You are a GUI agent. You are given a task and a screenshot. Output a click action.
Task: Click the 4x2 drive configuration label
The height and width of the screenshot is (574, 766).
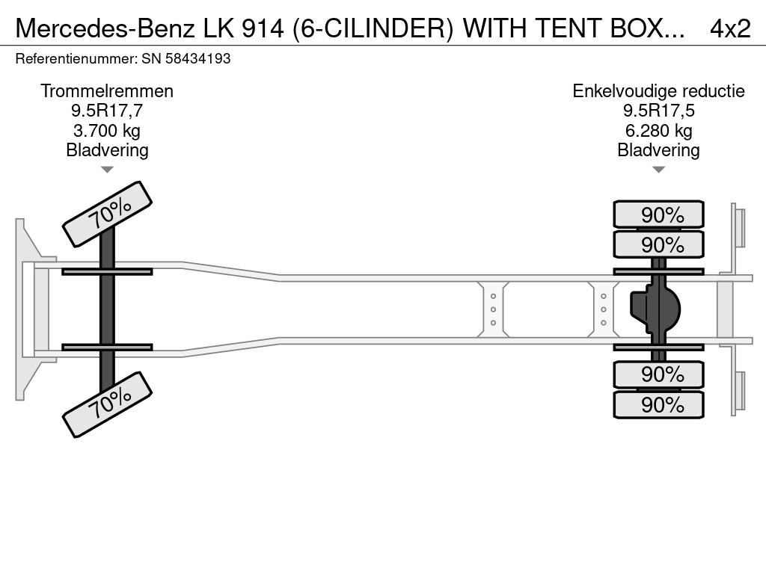729,28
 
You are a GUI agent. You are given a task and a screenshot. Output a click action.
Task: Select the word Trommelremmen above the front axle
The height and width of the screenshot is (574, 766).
107,91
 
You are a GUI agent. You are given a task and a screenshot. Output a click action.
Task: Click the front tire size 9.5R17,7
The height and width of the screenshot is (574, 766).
107,111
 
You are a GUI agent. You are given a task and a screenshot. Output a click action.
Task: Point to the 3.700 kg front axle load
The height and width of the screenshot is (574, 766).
107,130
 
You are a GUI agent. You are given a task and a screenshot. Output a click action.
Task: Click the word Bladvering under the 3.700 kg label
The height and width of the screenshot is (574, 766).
107,149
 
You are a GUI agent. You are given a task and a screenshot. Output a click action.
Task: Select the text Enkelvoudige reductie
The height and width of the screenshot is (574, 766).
658,91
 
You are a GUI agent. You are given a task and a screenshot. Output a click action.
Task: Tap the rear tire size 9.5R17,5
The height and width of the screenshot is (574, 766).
658,111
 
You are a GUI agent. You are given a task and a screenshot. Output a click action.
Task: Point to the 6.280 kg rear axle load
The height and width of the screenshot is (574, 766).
658,130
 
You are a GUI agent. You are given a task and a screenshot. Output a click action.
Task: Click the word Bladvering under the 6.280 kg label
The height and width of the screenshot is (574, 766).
658,149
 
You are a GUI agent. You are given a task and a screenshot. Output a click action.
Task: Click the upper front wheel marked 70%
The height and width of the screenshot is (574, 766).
107,214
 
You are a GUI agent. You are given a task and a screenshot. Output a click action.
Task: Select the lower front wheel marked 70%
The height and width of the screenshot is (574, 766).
107,404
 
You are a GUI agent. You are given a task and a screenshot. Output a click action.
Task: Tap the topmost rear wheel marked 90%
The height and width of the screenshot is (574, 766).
658,215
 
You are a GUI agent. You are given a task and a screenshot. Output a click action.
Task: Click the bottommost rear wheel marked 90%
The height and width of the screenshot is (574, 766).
658,404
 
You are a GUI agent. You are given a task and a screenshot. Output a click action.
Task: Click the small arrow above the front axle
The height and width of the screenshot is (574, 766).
107,170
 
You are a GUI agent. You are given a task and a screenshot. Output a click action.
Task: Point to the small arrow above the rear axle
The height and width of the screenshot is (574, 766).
658,170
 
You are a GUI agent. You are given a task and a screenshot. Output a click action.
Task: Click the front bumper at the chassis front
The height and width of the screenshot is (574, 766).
27,309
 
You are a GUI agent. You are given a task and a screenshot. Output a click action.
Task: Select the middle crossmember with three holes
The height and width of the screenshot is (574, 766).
494,309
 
